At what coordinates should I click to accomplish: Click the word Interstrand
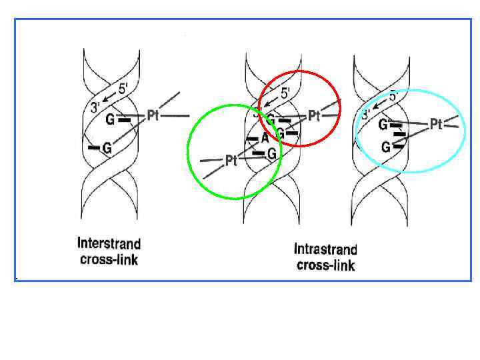(109, 243)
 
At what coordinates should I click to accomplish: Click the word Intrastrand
(325, 250)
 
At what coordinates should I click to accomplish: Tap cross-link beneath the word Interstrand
(109, 259)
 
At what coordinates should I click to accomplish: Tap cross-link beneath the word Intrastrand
(325, 265)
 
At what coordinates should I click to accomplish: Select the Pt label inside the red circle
(314, 117)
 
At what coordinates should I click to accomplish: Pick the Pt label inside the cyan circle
(436, 124)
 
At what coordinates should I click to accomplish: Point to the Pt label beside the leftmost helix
(153, 116)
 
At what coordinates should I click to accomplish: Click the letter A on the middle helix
(265, 138)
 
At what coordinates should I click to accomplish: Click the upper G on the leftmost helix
(110, 120)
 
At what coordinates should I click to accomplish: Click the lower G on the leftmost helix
(106, 149)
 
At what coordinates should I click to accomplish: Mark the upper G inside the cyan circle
(383, 125)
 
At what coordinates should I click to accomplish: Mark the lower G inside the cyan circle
(386, 147)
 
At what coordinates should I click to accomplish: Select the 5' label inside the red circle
(284, 93)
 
